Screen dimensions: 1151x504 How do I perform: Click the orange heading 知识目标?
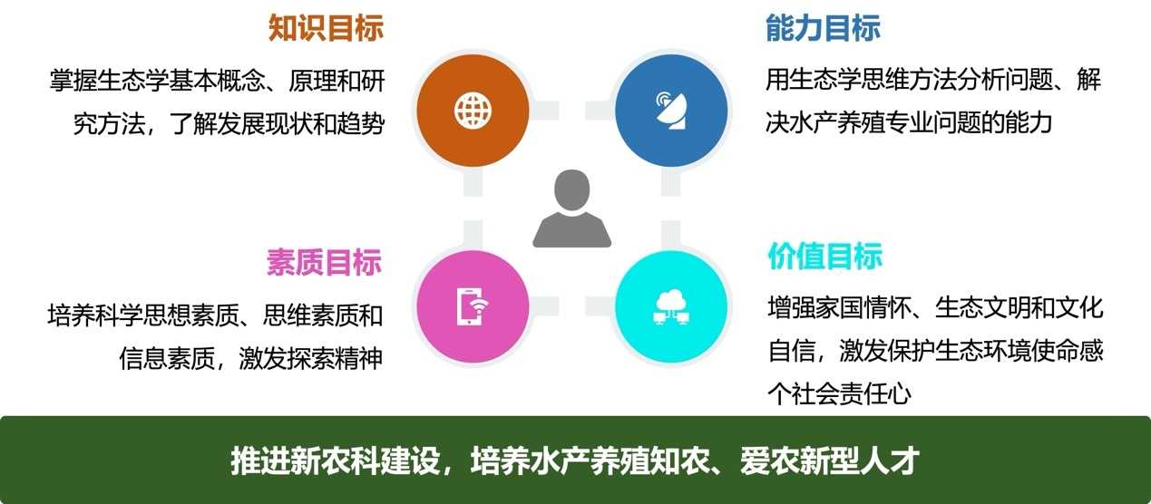(x=326, y=28)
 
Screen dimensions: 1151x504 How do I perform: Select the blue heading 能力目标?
(x=823, y=28)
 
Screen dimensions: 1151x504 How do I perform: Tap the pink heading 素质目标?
(x=324, y=262)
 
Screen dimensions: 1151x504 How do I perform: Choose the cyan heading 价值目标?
(x=824, y=256)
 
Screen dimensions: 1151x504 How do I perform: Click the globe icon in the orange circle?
(x=473, y=111)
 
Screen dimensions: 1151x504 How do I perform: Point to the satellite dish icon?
(x=671, y=110)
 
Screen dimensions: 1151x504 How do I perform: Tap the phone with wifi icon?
(x=473, y=306)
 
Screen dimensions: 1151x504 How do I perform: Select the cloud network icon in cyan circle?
(x=671, y=306)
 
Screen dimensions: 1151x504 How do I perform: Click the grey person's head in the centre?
(x=572, y=189)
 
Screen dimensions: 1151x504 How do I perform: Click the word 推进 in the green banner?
(x=260, y=460)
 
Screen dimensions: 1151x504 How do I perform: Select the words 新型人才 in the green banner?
(x=859, y=460)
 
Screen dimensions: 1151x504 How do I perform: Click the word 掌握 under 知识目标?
(x=73, y=81)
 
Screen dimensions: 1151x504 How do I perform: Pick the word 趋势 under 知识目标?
(x=361, y=124)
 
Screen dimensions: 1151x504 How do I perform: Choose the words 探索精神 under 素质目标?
(x=335, y=358)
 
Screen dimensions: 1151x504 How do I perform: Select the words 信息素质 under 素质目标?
(x=167, y=358)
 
